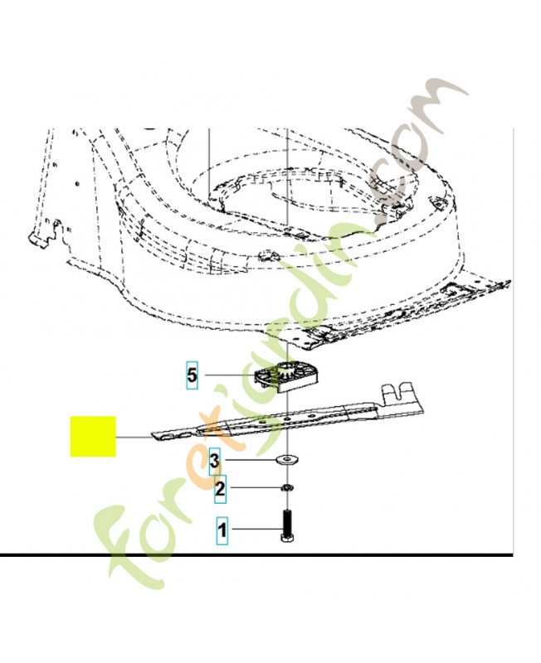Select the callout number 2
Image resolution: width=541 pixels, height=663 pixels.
(x=220, y=489)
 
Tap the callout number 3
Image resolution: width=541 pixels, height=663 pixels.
(x=215, y=461)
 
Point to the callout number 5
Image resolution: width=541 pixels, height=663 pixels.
(x=192, y=375)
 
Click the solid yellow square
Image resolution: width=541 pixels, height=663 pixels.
(x=93, y=437)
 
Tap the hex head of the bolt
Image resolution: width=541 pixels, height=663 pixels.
(x=288, y=537)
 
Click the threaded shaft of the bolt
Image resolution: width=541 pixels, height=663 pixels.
(x=288, y=522)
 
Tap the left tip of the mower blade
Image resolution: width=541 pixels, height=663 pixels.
(x=153, y=437)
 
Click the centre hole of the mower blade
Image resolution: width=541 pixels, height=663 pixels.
(x=287, y=419)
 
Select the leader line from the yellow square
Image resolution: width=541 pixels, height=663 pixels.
(x=134, y=437)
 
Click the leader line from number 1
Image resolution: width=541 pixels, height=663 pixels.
(x=255, y=529)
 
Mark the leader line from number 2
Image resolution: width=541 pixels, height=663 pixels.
(x=254, y=488)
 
